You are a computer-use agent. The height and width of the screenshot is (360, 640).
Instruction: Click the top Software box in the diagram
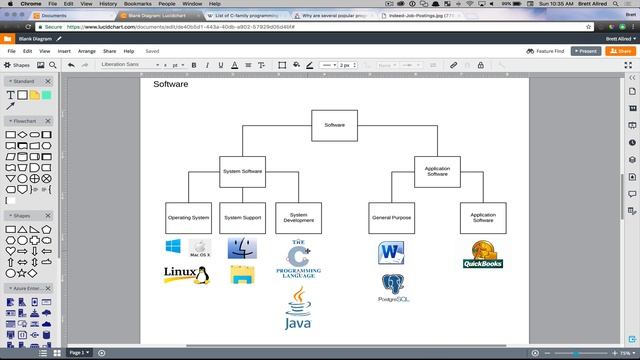334,125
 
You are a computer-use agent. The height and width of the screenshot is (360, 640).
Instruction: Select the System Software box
242,171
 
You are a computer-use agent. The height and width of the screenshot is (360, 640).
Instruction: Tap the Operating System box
188,217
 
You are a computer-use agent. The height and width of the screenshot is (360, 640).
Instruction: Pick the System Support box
242,217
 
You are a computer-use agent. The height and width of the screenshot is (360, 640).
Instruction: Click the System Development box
298,217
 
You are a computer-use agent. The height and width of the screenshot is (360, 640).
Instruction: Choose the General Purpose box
391,217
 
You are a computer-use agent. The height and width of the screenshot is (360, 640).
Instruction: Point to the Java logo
299,309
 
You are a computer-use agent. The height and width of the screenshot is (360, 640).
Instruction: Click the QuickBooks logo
482,255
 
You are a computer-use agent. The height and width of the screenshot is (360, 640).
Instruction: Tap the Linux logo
179,273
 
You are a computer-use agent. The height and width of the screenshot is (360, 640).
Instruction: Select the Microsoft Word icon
391,252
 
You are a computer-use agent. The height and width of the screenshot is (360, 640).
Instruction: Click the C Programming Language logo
298,258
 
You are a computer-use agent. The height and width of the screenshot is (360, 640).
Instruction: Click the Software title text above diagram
170,84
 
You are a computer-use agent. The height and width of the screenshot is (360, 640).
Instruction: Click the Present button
586,50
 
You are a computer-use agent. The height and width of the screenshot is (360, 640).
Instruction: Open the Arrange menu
87,50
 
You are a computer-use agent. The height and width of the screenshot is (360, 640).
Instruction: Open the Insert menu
64,50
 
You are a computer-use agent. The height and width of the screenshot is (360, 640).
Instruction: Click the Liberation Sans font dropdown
130,65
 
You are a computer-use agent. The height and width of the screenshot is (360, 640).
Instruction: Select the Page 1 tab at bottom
78,352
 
